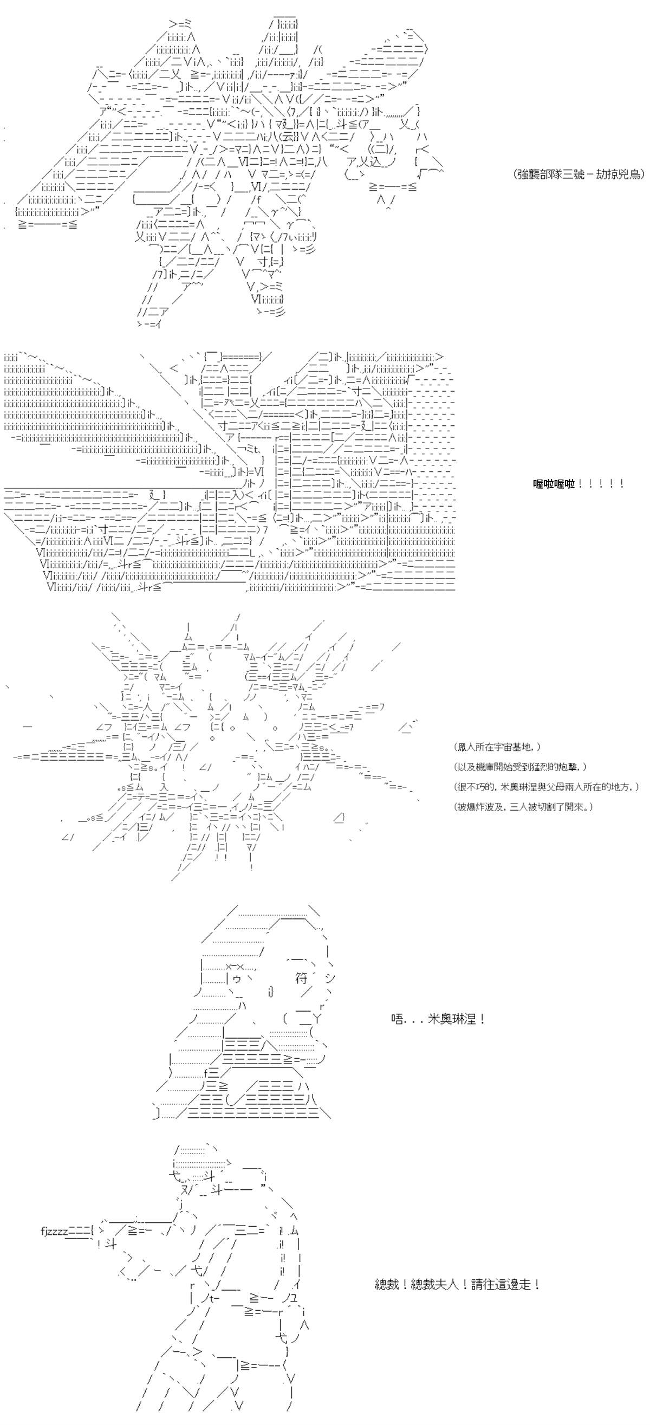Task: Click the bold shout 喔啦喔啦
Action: [x=553, y=484]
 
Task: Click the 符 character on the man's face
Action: [x=301, y=979]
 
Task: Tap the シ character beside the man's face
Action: [x=330, y=977]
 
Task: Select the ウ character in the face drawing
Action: [x=236, y=979]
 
